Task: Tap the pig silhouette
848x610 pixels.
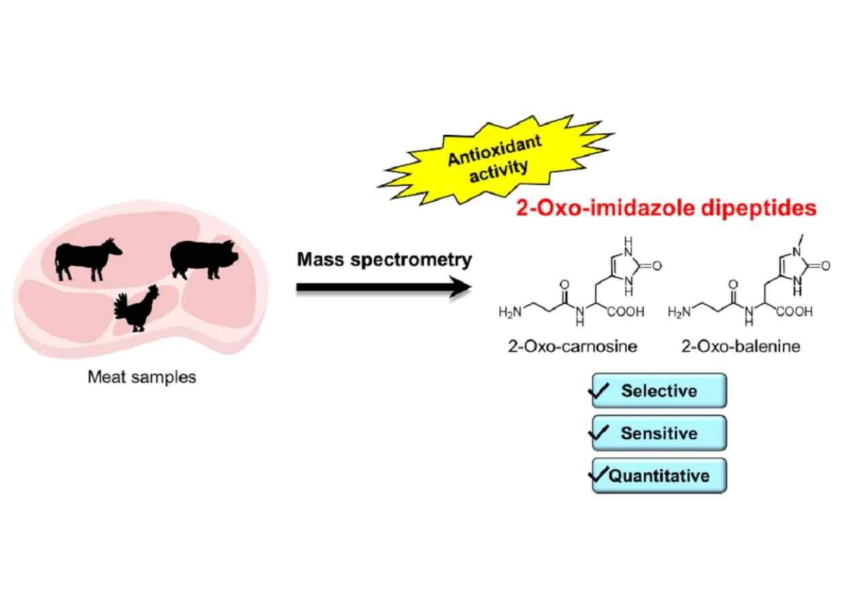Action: click(202, 258)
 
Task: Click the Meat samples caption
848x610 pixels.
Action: click(142, 377)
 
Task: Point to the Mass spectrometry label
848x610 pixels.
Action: click(384, 260)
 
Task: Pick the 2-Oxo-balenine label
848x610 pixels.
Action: click(741, 347)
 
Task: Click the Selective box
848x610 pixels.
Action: click(659, 390)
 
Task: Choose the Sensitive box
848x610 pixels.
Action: click(659, 433)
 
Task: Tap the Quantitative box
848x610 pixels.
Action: click(659, 475)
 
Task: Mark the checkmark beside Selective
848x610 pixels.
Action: click(601, 390)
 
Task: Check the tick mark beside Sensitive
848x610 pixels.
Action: click(601, 432)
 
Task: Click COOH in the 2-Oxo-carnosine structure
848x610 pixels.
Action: click(625, 313)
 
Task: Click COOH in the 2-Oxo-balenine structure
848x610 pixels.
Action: click(794, 313)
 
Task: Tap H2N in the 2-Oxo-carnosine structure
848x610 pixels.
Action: click(512, 312)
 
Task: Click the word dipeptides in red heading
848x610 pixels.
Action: click(759, 208)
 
